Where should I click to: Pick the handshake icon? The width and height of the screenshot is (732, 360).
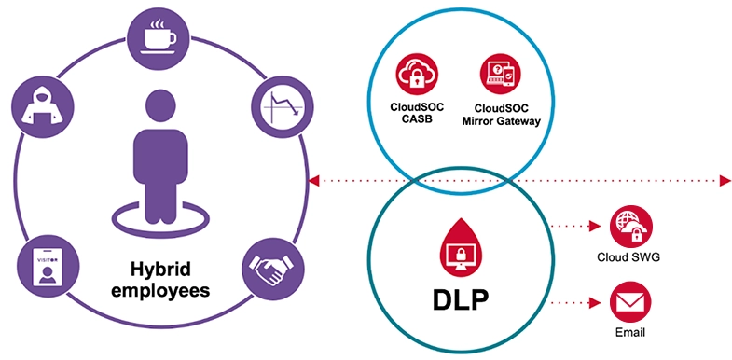[x=269, y=270]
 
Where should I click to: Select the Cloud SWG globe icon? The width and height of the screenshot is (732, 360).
[x=630, y=226]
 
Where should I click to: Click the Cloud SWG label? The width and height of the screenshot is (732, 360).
[x=630, y=257]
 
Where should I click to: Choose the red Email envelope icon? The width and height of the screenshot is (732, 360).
[x=630, y=303]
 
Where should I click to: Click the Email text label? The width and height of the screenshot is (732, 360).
[x=630, y=332]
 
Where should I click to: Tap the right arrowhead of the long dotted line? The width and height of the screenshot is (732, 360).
[x=725, y=179]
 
